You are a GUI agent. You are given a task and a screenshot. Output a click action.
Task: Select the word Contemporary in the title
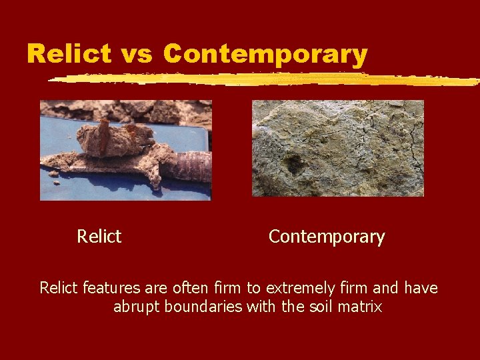(265, 54)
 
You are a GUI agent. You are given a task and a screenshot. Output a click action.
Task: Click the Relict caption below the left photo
(99, 237)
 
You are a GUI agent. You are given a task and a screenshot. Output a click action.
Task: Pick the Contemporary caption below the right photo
(327, 237)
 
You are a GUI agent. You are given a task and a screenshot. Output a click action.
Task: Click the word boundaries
(202, 307)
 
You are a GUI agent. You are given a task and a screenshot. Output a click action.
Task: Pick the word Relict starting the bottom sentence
(59, 288)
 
